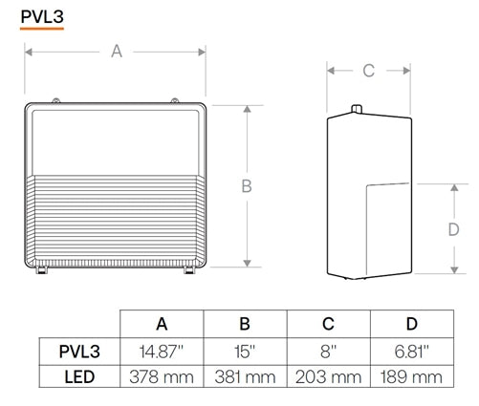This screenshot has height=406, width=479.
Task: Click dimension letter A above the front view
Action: click(x=117, y=52)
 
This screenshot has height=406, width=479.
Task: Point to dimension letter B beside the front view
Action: click(x=246, y=186)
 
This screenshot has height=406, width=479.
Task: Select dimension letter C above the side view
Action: click(x=368, y=71)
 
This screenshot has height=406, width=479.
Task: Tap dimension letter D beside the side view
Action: click(x=455, y=230)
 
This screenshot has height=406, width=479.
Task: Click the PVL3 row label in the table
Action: click(x=80, y=351)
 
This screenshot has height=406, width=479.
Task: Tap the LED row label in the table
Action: click(x=80, y=376)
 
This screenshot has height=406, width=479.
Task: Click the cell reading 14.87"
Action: click(x=162, y=351)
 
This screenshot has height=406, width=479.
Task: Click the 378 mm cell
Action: click(x=162, y=376)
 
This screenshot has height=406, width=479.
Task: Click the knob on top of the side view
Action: click(x=355, y=110)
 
